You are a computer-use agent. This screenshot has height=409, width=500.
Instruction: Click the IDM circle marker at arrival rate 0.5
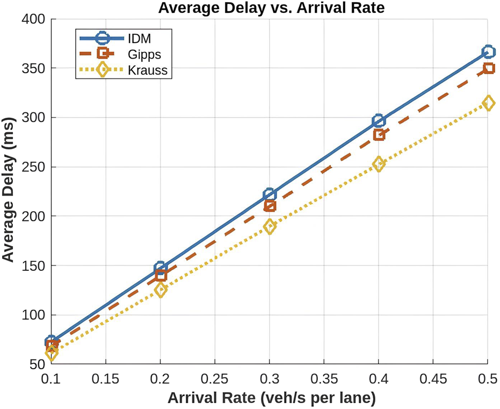coord(488,52)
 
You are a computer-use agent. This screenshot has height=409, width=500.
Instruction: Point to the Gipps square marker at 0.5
coord(488,68)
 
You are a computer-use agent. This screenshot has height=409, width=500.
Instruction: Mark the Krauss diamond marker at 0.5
coord(488,103)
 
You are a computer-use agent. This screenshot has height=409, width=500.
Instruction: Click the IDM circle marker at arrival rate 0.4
coord(379,121)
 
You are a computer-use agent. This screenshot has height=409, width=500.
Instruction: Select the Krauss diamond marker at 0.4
coord(379,164)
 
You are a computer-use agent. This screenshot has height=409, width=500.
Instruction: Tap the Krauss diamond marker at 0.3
coord(270,226)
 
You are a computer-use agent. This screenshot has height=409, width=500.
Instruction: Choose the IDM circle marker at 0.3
coord(270,195)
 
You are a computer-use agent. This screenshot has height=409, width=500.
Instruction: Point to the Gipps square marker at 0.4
coord(379,134)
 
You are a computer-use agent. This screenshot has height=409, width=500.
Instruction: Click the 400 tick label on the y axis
coord(34,20)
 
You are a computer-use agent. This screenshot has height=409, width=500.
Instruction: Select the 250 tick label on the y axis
coord(34,167)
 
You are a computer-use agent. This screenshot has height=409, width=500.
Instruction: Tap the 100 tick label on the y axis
coord(34,315)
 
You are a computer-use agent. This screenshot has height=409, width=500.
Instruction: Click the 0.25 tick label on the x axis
coord(215,379)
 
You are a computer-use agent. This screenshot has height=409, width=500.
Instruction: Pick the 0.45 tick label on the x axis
coord(433,379)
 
